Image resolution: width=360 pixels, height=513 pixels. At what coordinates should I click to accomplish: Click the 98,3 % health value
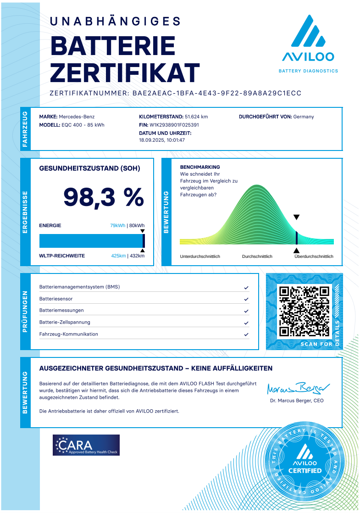[x=104, y=197]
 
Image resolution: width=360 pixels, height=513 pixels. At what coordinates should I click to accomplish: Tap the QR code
[x=305, y=311]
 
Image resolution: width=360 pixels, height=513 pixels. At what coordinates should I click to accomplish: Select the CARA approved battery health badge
[x=86, y=445]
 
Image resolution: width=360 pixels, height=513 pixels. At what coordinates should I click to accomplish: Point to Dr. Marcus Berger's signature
[x=296, y=388]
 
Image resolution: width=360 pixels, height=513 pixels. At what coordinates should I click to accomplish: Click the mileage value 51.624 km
[x=196, y=117]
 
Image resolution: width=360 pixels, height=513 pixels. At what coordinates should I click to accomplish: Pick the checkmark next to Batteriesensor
[x=246, y=299]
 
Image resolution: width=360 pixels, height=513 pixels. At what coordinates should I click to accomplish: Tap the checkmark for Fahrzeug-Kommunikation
[x=246, y=335]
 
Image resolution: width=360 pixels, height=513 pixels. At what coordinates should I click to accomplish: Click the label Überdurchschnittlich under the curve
[x=314, y=256]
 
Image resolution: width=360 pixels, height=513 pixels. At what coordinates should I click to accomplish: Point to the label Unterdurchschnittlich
[x=200, y=256]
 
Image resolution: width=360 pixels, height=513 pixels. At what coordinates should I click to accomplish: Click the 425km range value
[x=118, y=256]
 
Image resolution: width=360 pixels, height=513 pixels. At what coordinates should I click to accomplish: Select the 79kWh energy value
[x=117, y=225]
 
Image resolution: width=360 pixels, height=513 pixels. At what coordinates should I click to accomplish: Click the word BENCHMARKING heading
[x=200, y=167]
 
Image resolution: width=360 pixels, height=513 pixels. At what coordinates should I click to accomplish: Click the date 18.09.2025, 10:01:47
[x=162, y=140]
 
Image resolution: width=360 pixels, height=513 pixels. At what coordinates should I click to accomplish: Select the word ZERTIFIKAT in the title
[x=125, y=72]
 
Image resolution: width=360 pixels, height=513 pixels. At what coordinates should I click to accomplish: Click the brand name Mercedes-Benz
[x=77, y=117]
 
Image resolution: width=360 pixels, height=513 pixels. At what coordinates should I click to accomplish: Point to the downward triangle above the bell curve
[x=296, y=217]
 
